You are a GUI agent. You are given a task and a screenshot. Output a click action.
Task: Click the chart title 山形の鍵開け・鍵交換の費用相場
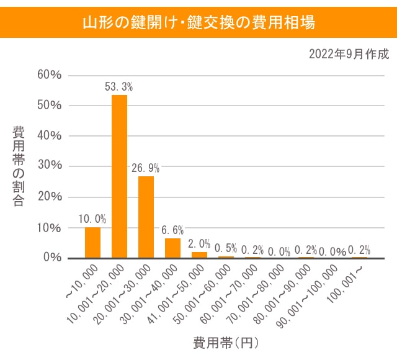click(198, 23)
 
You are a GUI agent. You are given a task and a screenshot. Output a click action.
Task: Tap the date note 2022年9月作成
click(349, 54)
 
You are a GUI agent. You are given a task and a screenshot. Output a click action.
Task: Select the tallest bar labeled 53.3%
click(119, 176)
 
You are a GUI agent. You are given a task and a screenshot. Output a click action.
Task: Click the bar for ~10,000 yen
click(92, 243)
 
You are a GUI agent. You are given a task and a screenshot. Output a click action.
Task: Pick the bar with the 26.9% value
click(146, 217)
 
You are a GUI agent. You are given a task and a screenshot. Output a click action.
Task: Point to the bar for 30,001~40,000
click(172, 248)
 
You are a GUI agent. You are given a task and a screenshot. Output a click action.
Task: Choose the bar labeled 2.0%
click(199, 254)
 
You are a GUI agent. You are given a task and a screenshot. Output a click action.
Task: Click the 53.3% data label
click(119, 87)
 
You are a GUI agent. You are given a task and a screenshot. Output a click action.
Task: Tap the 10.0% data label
click(92, 219)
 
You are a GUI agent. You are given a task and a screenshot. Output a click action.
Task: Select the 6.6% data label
click(172, 230)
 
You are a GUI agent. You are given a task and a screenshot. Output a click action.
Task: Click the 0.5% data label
click(226, 248)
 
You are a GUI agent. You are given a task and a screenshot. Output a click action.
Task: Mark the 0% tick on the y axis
click(51, 257)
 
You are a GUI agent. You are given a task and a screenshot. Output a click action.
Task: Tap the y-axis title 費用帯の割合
click(19, 166)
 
